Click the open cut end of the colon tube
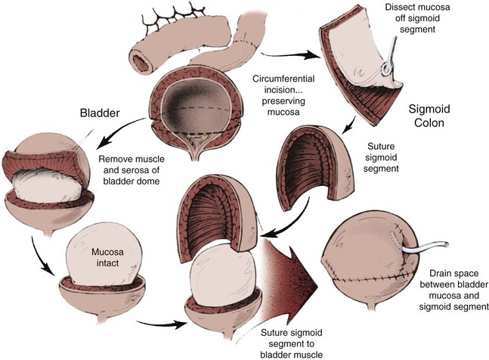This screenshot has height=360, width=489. click(x=141, y=59)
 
